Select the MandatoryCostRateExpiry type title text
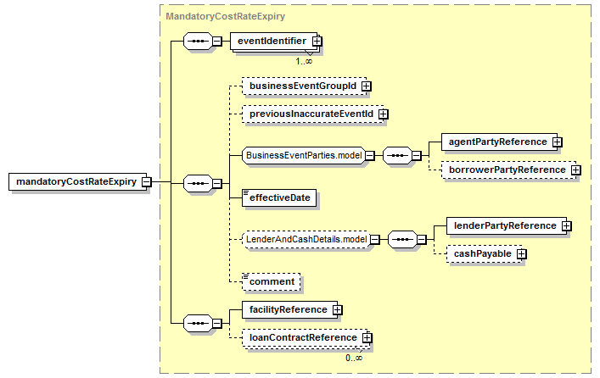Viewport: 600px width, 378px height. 226,16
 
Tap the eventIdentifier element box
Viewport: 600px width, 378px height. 273,42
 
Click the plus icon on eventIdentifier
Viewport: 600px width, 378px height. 317,41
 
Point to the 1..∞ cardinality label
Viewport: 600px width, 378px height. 304,61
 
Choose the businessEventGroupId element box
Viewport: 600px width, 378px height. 304,86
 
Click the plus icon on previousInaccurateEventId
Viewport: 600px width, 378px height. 383,114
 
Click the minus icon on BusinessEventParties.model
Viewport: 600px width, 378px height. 370,156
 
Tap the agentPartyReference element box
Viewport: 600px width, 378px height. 499,142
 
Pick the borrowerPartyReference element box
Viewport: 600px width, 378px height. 508,170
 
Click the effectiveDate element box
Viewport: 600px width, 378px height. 279,197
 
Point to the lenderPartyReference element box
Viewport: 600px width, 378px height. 507,226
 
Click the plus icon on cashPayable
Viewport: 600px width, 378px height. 522,253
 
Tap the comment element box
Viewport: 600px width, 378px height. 272,281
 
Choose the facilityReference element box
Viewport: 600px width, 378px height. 289,309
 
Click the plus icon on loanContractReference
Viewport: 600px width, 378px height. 367,337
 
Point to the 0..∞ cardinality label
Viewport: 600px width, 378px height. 354,359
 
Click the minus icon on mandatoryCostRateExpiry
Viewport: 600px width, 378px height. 147,182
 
